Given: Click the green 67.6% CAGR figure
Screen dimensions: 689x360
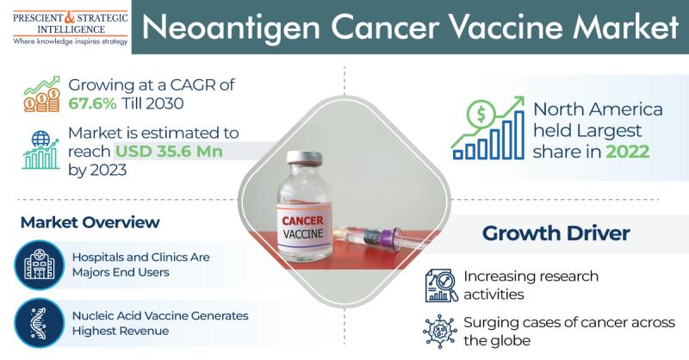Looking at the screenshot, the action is [x=92, y=103].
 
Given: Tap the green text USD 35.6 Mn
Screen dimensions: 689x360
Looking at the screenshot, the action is [x=169, y=152].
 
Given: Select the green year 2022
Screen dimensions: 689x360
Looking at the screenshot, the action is [x=628, y=152].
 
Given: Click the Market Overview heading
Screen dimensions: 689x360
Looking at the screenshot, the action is [x=90, y=222].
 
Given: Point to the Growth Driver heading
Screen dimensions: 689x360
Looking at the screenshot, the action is [x=556, y=233].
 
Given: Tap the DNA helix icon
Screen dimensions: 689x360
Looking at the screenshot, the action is [x=39, y=323].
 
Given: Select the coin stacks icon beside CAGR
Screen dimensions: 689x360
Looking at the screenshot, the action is [x=41, y=94].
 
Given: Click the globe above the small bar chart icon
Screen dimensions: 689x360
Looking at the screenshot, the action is [x=40, y=140].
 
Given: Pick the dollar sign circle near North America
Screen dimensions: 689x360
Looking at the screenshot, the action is [x=481, y=115].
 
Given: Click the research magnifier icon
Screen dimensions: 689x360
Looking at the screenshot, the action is [x=441, y=285].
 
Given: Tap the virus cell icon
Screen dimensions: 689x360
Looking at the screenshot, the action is [x=440, y=332].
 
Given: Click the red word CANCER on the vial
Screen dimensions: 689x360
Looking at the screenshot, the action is [x=303, y=220].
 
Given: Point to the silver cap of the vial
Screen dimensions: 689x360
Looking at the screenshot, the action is [x=305, y=158].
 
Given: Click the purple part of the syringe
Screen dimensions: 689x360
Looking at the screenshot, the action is [x=387, y=239].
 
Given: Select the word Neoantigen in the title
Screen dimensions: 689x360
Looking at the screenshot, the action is [x=230, y=27].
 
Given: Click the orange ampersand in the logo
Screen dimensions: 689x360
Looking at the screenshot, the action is [x=71, y=16].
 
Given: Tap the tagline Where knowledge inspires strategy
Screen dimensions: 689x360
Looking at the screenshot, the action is [x=71, y=41].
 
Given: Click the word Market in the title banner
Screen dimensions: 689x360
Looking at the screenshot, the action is [x=625, y=27].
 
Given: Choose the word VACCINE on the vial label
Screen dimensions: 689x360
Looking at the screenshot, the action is [x=303, y=233].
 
